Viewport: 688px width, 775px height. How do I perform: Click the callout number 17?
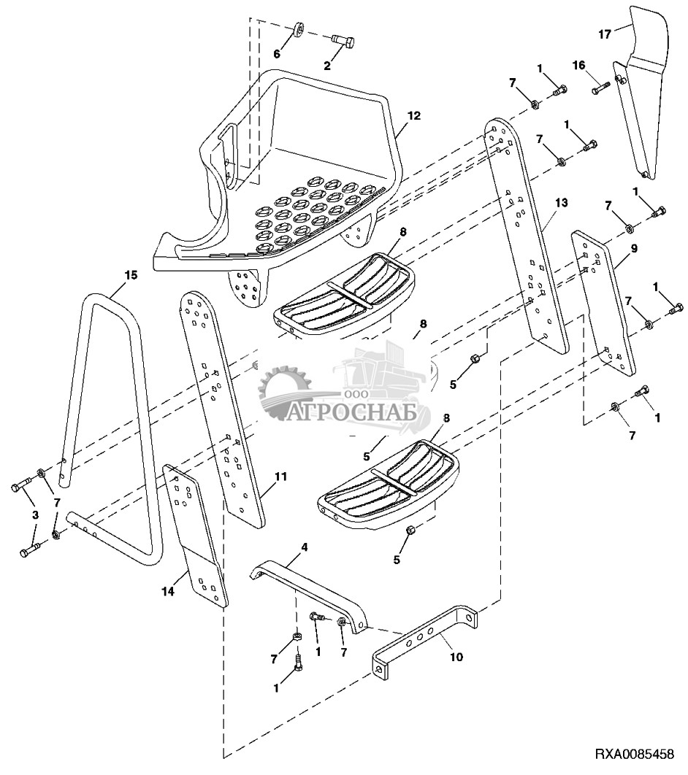coord(605,34)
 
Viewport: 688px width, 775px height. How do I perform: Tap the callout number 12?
coord(414,115)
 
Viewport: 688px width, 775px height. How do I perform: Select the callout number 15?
coord(131,275)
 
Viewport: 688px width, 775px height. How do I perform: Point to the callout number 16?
coord(578,65)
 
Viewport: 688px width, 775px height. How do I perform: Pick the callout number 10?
coord(456,657)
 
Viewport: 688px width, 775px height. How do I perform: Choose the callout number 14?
coord(169,590)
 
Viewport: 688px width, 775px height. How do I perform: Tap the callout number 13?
coord(562,203)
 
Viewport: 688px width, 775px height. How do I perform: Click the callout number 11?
coord(281,477)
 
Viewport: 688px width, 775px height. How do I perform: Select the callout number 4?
coord(305,547)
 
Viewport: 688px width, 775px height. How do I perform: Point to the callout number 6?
coord(277,53)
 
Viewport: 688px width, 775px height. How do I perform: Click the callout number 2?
coord(327,66)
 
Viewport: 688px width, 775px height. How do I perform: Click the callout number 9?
coord(634,248)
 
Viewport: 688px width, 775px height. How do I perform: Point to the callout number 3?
coord(35,515)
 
